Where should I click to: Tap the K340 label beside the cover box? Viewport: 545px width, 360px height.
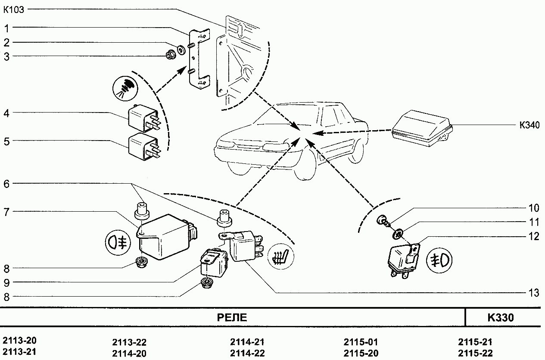(x=529, y=125)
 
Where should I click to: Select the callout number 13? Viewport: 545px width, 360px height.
(x=533, y=293)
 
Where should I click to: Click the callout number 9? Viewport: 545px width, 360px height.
(x=7, y=283)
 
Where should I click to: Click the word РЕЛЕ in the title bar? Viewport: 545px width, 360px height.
(x=231, y=318)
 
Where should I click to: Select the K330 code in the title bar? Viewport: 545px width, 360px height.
(x=501, y=318)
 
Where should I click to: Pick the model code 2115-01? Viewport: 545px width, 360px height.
(x=361, y=342)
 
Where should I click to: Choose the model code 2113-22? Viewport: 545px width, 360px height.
(x=129, y=343)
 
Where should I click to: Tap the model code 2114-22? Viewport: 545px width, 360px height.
(x=247, y=354)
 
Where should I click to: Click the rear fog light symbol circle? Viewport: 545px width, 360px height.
(x=117, y=243)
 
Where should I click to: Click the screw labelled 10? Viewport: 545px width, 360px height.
(x=382, y=220)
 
